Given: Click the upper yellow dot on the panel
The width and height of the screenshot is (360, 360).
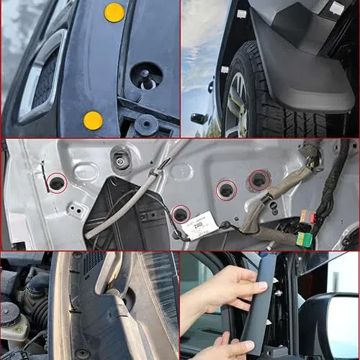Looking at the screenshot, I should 114,12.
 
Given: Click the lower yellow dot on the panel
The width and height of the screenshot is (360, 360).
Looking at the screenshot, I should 93,120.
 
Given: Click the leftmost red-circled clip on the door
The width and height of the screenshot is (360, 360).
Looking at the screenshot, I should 56,184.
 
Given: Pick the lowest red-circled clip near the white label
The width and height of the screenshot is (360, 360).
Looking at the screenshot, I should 181,214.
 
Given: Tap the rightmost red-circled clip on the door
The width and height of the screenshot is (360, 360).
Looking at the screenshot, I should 257,179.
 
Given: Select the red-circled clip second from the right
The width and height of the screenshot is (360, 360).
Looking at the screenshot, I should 226,191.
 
